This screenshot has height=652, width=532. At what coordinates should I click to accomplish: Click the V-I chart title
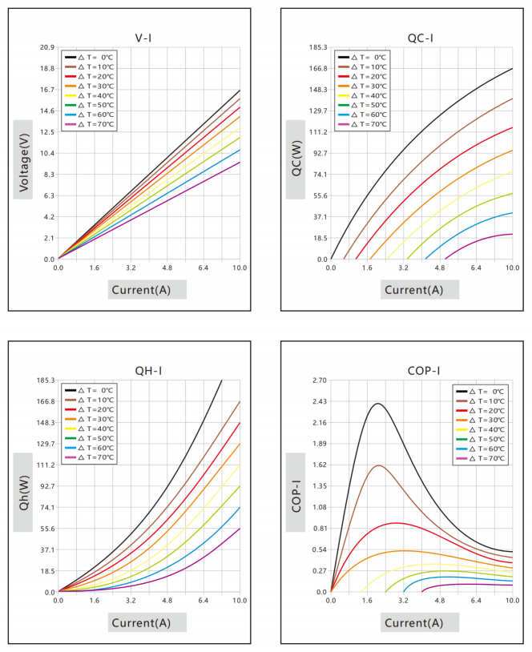pos(143,38)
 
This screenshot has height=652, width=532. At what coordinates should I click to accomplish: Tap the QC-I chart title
pos(420,38)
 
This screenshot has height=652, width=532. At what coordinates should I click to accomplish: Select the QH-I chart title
pos(148,371)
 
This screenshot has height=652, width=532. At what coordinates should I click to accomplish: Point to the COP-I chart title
pos(424,371)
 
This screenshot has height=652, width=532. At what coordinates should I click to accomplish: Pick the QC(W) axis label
pos(296,159)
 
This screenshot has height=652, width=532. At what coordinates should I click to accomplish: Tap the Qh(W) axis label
pos(24,493)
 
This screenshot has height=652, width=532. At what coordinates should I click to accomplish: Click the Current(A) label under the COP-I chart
pos(414,623)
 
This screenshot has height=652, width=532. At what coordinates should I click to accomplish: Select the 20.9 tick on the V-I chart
pos(47,47)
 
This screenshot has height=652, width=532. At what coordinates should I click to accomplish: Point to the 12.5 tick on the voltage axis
pos(47,132)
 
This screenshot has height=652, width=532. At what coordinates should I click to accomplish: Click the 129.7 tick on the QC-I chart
pos(318,111)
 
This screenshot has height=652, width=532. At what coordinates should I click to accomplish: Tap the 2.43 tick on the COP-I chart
pos(320,401)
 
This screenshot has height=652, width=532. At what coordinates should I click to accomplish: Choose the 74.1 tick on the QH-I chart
pos(47,508)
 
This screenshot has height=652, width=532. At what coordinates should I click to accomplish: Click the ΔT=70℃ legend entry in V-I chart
pos(89,124)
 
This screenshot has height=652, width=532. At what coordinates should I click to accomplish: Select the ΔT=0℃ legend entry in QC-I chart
pos(362,58)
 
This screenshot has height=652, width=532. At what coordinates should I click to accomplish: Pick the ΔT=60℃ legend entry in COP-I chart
pos(481,449)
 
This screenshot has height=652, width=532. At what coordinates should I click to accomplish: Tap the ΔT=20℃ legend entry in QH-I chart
pos(89,409)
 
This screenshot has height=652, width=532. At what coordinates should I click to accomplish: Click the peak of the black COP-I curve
pos(378,404)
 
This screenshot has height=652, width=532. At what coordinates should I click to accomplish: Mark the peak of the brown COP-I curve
pos(379,465)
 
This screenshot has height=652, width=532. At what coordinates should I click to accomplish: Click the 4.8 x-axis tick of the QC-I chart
pos(440,268)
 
